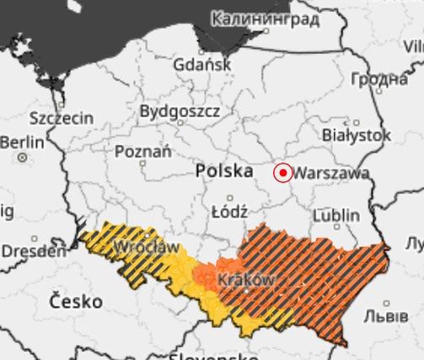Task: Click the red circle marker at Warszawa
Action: click(x=283, y=173)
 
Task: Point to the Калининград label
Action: click(x=265, y=18)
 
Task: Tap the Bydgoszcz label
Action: click(x=180, y=110)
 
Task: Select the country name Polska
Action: click(x=223, y=171)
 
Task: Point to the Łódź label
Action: click(x=207, y=211)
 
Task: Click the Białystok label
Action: click(x=357, y=135)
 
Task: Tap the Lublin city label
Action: click(x=335, y=216)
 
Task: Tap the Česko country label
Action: click(x=76, y=300)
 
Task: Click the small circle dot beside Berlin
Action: click(x=22, y=157)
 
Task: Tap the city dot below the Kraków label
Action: click(x=246, y=291)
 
